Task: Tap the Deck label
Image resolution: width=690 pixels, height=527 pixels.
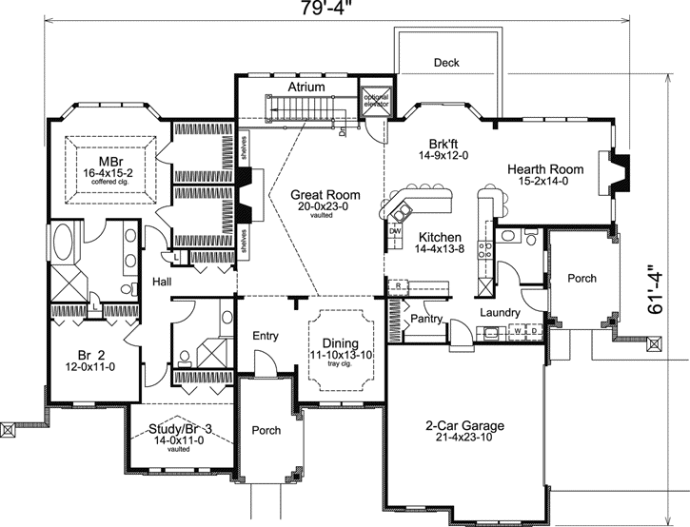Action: click(446, 63)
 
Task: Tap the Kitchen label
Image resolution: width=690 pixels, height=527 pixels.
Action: click(439, 237)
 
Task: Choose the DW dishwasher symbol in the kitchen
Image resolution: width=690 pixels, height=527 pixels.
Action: click(396, 230)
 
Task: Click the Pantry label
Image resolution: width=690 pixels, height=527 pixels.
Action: click(427, 319)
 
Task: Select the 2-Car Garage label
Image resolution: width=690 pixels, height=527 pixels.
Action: click(465, 425)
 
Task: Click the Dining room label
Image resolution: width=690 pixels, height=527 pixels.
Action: click(340, 343)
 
